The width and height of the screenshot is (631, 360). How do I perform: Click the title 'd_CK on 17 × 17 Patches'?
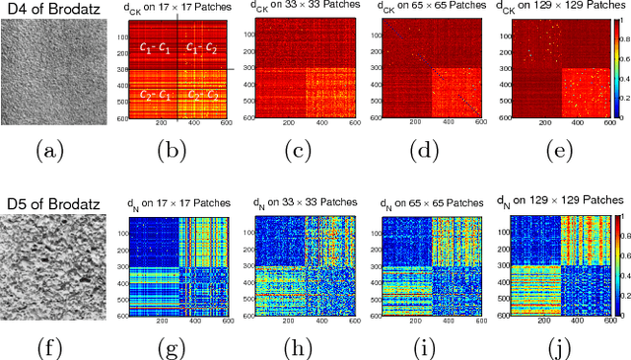coord(176,10)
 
